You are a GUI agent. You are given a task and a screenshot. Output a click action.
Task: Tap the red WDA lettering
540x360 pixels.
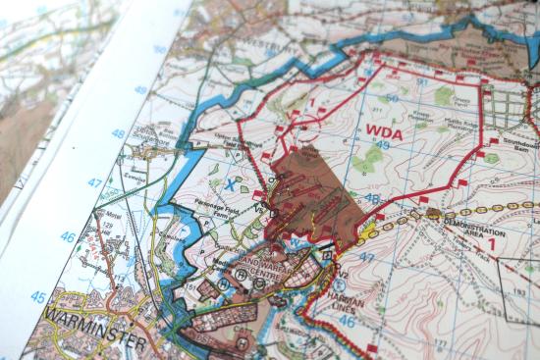(x=385, y=130)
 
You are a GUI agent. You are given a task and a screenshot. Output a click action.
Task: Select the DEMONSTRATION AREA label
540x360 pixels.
(x=474, y=228)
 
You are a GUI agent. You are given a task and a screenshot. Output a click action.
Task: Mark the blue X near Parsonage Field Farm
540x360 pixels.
(x=229, y=183)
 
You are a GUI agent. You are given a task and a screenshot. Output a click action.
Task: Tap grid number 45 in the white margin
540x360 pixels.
(x=37, y=297)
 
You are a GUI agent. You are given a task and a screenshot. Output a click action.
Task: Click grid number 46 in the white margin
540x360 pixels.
(x=67, y=236)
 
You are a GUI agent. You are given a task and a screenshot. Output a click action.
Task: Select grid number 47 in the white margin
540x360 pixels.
(x=94, y=182)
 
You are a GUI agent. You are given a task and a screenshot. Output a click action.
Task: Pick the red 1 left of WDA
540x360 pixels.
(x=311, y=101)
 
